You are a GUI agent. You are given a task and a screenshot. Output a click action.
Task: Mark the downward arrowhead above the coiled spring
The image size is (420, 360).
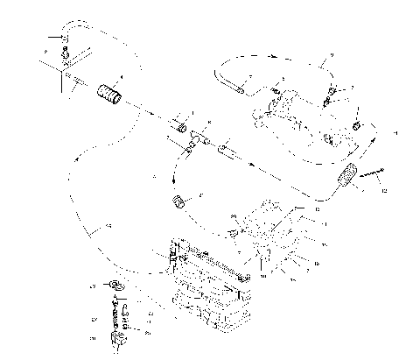[x=175, y=180]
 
